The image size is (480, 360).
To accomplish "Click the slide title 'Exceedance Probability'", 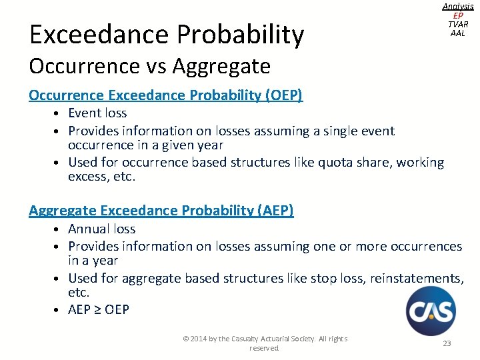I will coord(166,35).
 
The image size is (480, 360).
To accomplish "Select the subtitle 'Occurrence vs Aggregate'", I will coord(149,66).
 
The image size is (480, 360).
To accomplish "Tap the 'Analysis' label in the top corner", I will coord(457,6).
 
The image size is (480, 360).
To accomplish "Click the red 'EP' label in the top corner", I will coord(457,15).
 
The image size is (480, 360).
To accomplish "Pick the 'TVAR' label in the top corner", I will coord(457,24).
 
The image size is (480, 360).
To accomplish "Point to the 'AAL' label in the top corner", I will coord(457,33).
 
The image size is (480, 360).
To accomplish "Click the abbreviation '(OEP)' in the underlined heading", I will coord(283,95).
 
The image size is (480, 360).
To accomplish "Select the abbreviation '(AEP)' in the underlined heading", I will coord(274,211).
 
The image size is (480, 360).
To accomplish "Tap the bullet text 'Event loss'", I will coord(97,113).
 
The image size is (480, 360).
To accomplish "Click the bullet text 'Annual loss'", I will coord(102,229).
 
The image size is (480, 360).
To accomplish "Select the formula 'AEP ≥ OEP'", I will coord(99,309).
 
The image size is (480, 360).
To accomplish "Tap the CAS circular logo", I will coord(431,311).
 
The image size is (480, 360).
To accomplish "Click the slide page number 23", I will coord(447,343).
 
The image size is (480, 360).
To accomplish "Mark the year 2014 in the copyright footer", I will coord(199,339).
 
